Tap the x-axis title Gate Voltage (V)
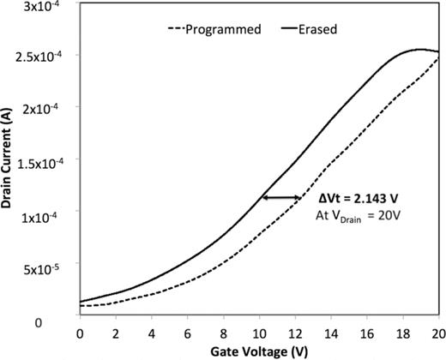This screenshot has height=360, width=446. pyautogui.click(x=258, y=351)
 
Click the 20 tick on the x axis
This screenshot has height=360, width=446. pyautogui.click(x=438, y=332)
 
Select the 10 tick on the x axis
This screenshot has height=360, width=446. pyautogui.click(x=259, y=332)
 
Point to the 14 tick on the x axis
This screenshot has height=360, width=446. pyautogui.click(x=331, y=332)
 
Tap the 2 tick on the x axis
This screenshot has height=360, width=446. pyautogui.click(x=116, y=332)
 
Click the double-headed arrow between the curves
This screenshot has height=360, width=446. pyautogui.click(x=281, y=198)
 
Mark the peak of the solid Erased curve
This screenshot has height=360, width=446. pyautogui.click(x=420, y=50)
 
